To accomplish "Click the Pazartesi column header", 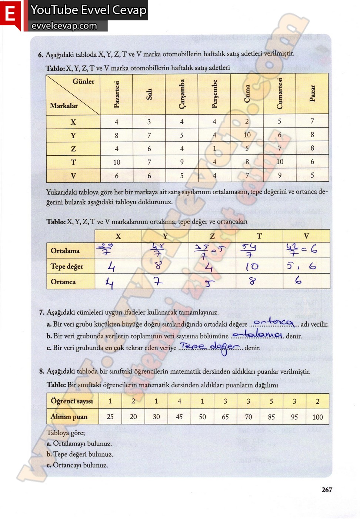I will (116, 95).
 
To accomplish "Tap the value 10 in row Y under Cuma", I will (247, 135).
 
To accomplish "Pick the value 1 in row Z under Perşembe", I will (214, 148).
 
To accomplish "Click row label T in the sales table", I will (73, 162).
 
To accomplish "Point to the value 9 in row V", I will (280, 175).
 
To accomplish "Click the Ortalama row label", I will (65, 251).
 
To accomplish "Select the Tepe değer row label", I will (67, 266).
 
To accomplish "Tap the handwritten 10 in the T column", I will (252, 267).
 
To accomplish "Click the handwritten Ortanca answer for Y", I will (158, 282).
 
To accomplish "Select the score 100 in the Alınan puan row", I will (317, 417).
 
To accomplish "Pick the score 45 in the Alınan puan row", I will (179, 417).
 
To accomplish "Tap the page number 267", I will (327, 490).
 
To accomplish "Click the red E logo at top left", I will (10, 15).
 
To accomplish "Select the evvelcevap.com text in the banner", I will (64, 26).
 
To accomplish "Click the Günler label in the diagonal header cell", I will (83, 81).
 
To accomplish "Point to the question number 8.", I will (41, 371).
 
